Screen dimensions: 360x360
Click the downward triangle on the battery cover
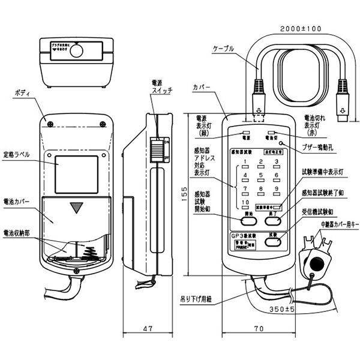coord(77,208)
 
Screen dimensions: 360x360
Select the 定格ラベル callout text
coord(19,155)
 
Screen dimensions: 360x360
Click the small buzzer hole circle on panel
coord(280,144)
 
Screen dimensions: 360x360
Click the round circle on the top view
coord(76,52)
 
